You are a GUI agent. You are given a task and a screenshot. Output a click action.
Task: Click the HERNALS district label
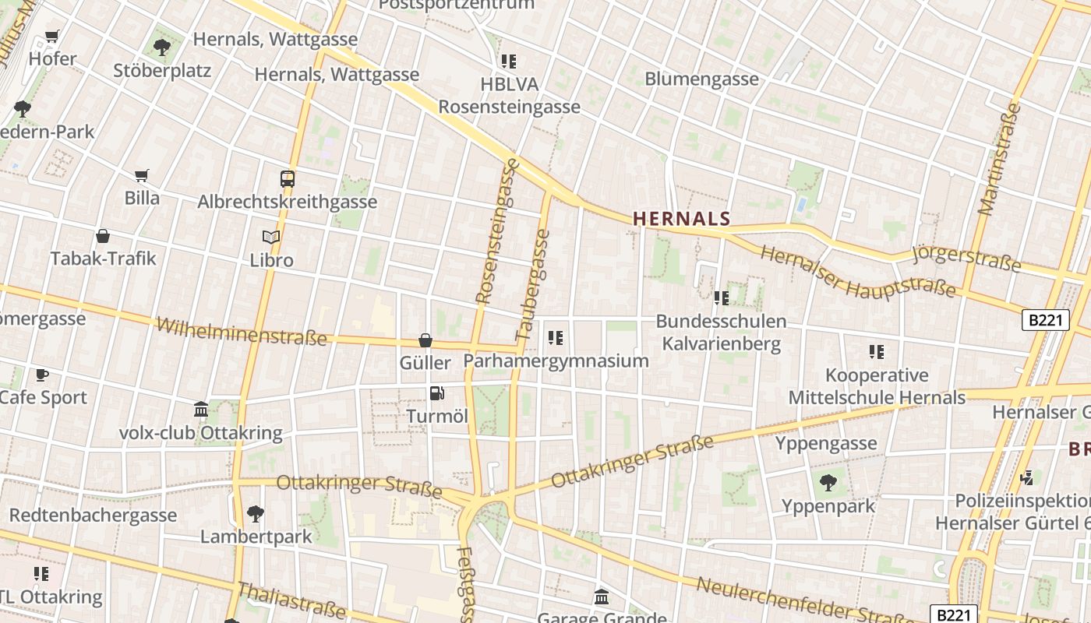tap(682, 219)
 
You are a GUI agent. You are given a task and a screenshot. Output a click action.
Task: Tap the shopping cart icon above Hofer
tap(52, 36)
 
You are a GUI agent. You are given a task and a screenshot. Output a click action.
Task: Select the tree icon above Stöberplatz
tap(162, 48)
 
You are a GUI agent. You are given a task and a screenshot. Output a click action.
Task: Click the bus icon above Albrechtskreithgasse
tap(287, 178)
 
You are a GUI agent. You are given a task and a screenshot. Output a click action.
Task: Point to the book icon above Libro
tap(271, 237)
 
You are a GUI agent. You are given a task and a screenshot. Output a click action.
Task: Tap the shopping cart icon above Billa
tap(142, 175)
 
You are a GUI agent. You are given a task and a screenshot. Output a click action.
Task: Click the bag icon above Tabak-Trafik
tap(103, 236)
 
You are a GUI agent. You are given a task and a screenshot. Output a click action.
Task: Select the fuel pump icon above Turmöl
tap(437, 394)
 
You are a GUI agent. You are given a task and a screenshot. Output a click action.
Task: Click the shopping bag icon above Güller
tap(425, 340)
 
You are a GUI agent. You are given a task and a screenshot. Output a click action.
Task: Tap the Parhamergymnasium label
tap(556, 361)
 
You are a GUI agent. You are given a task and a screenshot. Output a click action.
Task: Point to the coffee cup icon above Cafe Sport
tap(42, 375)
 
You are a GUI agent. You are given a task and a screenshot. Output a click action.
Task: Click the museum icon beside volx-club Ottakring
tap(201, 410)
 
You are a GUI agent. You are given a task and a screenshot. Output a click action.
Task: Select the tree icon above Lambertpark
tap(255, 514)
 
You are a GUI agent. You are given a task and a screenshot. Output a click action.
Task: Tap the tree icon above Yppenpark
tap(828, 483)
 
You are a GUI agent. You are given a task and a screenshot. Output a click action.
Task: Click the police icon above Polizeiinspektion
tap(1028, 477)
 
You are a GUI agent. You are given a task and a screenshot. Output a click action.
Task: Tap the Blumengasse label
tap(701, 79)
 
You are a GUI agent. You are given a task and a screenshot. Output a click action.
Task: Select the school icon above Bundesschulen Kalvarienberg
tap(722, 297)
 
